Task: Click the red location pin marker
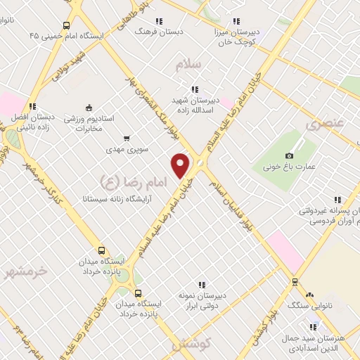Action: pos(181,165)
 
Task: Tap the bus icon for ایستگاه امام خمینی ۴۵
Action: pos(67,25)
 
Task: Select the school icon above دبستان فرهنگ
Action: pos(160,21)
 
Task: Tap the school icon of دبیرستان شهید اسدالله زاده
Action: pos(195,89)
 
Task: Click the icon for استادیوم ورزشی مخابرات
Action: pos(89,108)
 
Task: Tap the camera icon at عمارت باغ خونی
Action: pos(289,155)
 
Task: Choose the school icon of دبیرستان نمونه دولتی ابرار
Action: pos(202,285)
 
